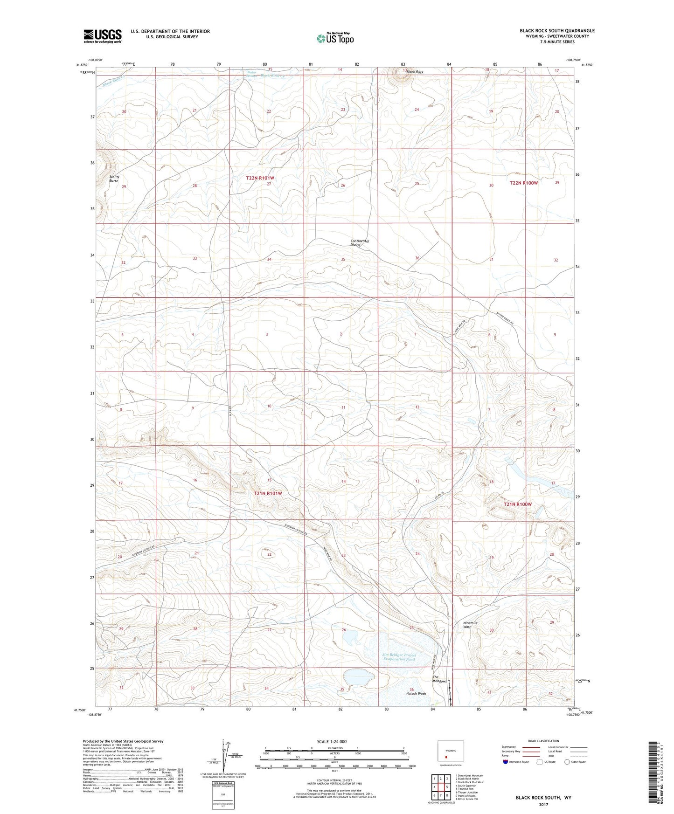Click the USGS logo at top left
(x=102, y=36)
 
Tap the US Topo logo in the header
(x=334, y=38)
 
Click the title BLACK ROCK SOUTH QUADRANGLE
(x=557, y=31)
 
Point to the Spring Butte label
(x=114, y=179)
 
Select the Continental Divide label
(x=360, y=243)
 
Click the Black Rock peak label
(x=414, y=72)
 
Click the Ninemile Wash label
(x=470, y=625)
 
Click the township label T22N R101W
(x=260, y=178)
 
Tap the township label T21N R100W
(x=517, y=504)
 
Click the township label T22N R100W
(x=523, y=183)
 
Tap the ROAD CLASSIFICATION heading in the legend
(x=543, y=741)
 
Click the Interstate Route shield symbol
(x=506, y=762)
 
